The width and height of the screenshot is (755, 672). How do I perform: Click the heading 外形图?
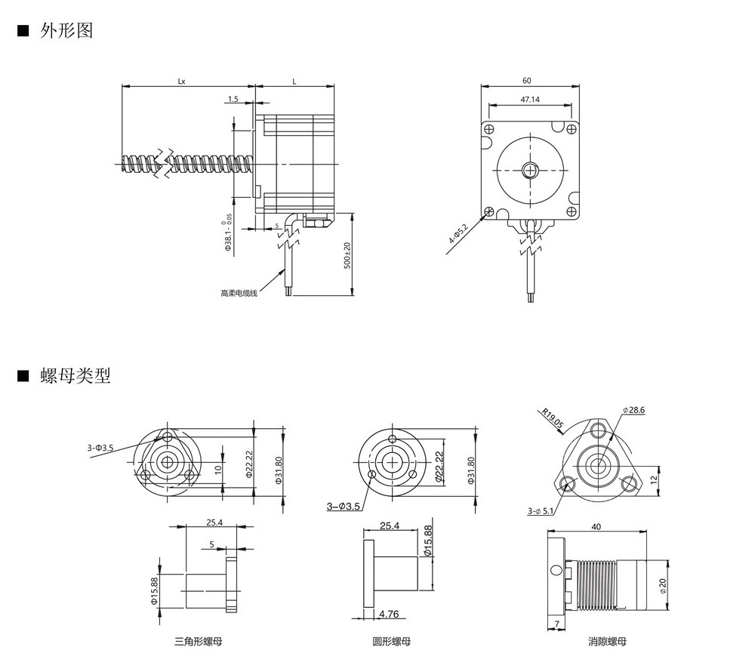(x=66, y=31)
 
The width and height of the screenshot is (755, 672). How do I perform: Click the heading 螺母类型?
(x=75, y=375)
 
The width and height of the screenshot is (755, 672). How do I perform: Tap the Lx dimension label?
(x=182, y=80)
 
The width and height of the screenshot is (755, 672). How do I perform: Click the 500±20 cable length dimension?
(x=347, y=257)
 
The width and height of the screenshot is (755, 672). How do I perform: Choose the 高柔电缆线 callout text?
(x=239, y=293)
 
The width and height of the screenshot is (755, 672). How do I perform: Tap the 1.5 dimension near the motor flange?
(x=233, y=99)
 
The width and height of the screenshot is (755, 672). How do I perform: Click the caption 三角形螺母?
(x=198, y=642)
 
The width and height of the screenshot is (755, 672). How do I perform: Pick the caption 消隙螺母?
(x=608, y=642)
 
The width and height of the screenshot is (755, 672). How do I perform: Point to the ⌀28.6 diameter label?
(x=634, y=410)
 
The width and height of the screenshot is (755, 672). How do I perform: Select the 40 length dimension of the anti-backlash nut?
(x=596, y=527)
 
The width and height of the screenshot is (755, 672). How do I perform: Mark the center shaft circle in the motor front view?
(x=532, y=169)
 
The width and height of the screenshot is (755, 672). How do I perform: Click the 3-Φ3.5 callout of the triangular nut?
(x=100, y=448)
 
